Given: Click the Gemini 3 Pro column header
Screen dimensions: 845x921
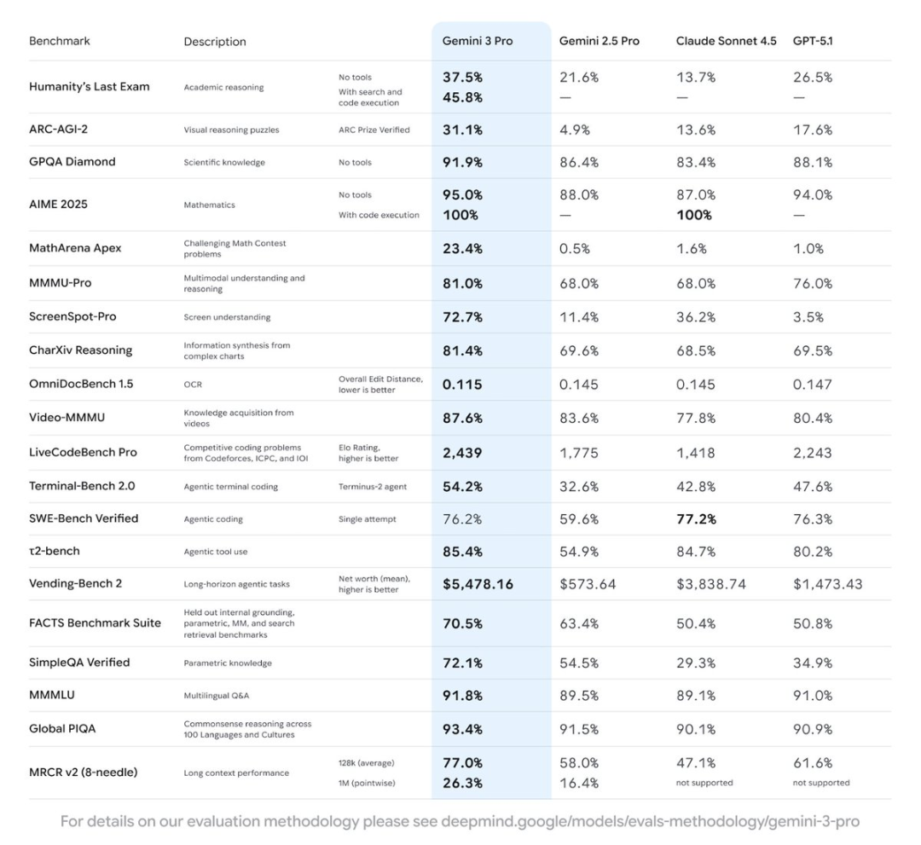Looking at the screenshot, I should pyautogui.click(x=477, y=41).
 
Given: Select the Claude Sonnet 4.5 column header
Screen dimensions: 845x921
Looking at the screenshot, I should pyautogui.click(x=726, y=41).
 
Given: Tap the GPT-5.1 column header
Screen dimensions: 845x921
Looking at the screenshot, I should pyautogui.click(x=813, y=41).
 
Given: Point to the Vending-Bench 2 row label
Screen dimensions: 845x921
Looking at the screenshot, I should pyautogui.click(x=75, y=584).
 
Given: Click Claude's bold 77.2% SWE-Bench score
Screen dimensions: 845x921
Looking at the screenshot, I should pyautogui.click(x=696, y=518).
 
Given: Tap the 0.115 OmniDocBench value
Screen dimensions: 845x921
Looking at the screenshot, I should pyautogui.click(x=462, y=385).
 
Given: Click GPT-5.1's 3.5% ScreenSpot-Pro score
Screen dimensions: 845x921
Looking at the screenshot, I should pyautogui.click(x=808, y=316).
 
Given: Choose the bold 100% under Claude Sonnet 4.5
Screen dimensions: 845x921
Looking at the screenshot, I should pyautogui.click(x=694, y=215).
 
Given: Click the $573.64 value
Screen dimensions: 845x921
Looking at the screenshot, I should pyautogui.click(x=588, y=584).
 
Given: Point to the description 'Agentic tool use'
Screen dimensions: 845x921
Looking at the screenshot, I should pyautogui.click(x=216, y=552).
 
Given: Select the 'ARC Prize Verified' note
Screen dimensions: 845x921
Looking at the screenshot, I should pyautogui.click(x=374, y=130).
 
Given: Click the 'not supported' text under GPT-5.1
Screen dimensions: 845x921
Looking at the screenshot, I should pyautogui.click(x=821, y=783).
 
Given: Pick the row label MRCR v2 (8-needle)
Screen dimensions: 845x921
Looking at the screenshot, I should pyautogui.click(x=84, y=773).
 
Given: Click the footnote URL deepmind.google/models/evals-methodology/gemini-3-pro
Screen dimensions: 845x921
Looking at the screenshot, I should pyautogui.click(x=650, y=822).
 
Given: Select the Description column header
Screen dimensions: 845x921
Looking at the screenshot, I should pyautogui.click(x=215, y=42).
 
